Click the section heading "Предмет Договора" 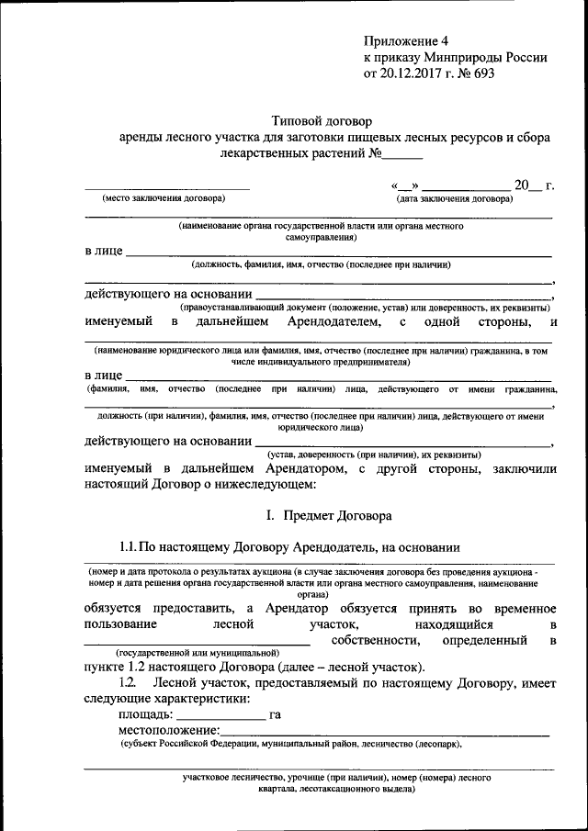point(338,516)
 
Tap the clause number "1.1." point(130,547)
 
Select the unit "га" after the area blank point(275,713)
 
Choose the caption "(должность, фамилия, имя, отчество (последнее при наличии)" point(322,264)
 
